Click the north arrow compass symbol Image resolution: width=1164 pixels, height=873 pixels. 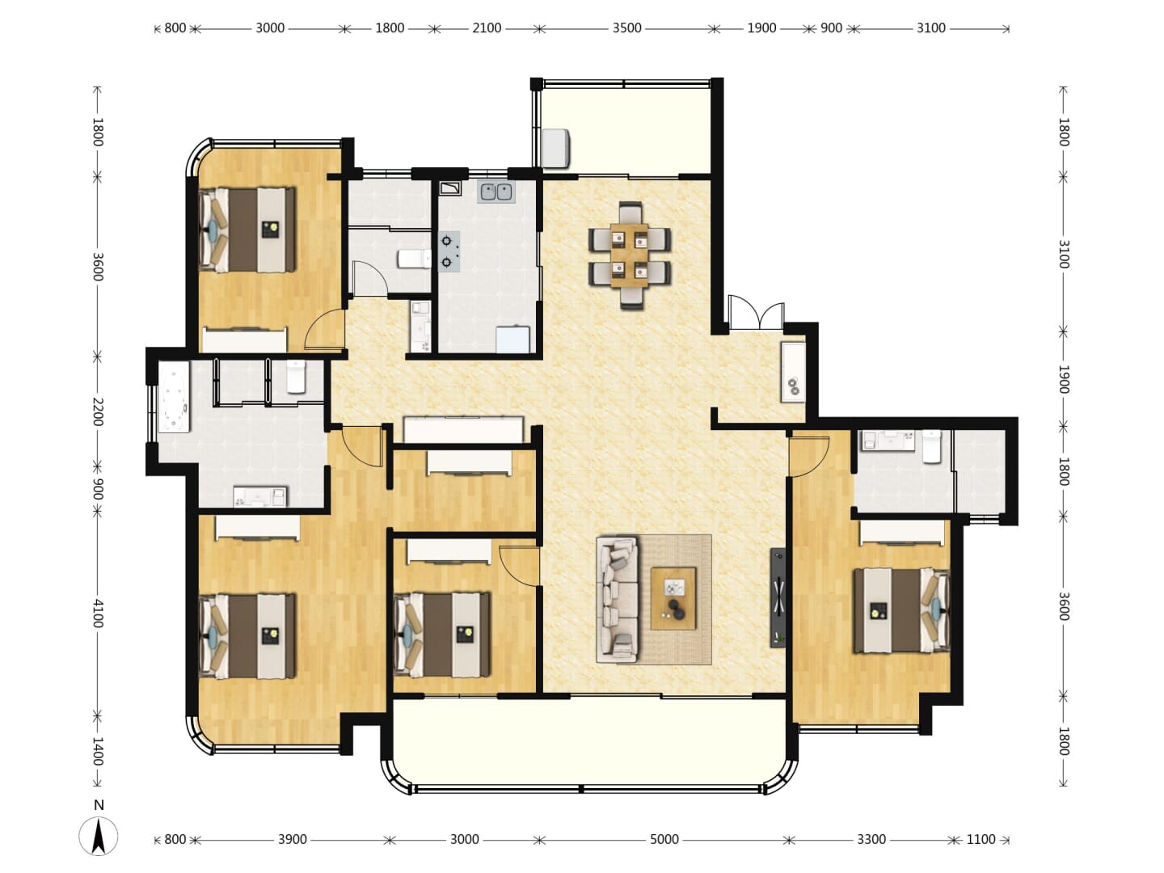pyautogui.click(x=98, y=836)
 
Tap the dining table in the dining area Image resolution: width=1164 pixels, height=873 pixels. pyautogui.click(x=629, y=255)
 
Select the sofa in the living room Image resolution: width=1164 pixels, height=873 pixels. pyautogui.click(x=618, y=600)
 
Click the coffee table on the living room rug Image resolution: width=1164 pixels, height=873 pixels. pyautogui.click(x=673, y=598)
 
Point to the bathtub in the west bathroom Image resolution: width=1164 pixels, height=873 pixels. pyautogui.click(x=174, y=397)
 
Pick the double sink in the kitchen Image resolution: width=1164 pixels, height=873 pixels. pyautogui.click(x=496, y=192)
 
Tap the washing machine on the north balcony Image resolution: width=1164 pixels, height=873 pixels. pyautogui.click(x=556, y=149)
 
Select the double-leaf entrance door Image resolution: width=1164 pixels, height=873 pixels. pyautogui.click(x=757, y=314)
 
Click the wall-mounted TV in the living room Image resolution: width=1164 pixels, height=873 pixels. pyautogui.click(x=778, y=597)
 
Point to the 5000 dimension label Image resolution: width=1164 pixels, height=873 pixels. pyautogui.click(x=664, y=839)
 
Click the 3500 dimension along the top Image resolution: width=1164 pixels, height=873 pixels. pyautogui.click(x=626, y=28)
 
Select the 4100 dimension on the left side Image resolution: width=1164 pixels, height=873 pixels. pyautogui.click(x=98, y=614)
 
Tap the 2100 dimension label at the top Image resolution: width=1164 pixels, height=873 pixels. pyautogui.click(x=487, y=28)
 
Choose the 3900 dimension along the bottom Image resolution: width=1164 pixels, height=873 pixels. pyautogui.click(x=293, y=839)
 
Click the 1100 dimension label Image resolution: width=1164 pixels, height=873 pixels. pyautogui.click(x=981, y=839)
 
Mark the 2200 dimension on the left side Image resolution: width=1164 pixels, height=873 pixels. pyautogui.click(x=98, y=411)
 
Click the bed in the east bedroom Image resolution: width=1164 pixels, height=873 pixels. pyautogui.click(x=901, y=610)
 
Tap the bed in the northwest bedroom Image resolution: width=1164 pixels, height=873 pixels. pyautogui.click(x=247, y=230)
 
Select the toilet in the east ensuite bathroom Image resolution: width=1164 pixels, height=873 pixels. pyautogui.click(x=932, y=446)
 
